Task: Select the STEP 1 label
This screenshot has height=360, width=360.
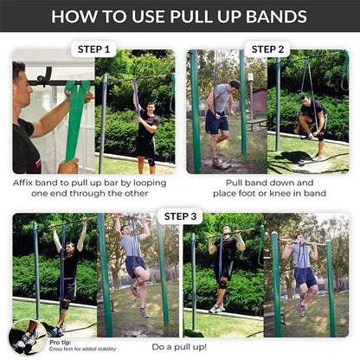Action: (95, 49)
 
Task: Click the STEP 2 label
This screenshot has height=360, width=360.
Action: (267, 49)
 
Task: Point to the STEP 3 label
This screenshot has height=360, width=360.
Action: (181, 215)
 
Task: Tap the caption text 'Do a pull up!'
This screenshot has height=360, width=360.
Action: (180, 346)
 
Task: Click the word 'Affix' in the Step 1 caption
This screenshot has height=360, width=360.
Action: (26, 183)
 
